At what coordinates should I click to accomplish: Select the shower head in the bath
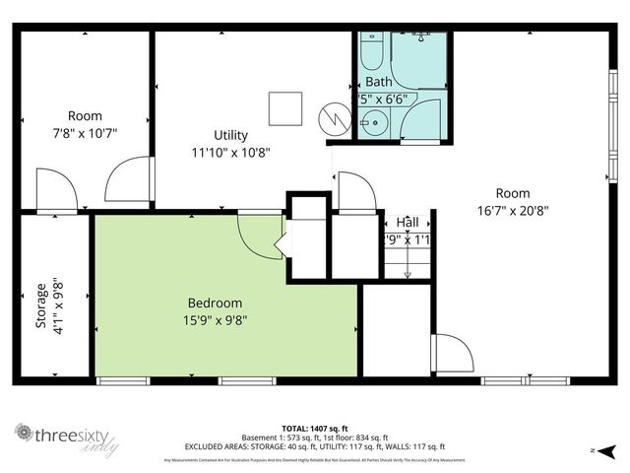[421, 36]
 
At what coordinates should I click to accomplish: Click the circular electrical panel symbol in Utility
[333, 119]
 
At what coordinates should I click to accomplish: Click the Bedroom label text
[215, 303]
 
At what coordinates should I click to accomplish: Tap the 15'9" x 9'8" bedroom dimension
[215, 320]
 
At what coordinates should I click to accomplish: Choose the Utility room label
[230, 135]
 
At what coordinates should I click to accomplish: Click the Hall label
[407, 223]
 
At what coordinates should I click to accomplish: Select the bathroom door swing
[421, 120]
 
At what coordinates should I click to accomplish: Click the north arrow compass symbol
[607, 450]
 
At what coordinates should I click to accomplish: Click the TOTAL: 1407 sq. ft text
[314, 428]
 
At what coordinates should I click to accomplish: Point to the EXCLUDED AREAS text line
[314, 446]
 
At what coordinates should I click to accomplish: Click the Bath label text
[378, 82]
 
